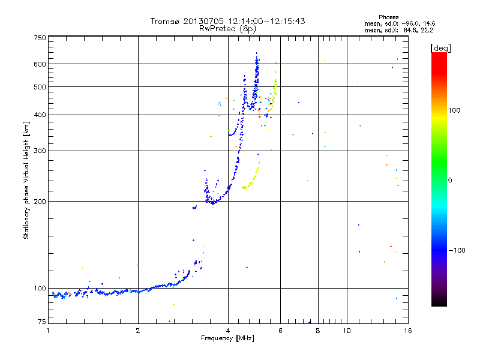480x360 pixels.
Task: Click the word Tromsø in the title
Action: click(164, 21)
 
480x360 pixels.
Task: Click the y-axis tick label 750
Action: click(40, 38)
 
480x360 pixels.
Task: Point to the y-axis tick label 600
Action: click(40, 64)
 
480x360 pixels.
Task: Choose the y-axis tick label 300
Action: click(40, 151)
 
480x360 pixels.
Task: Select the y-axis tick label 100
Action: click(40, 289)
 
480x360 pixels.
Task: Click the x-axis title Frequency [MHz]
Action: click(227, 338)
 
